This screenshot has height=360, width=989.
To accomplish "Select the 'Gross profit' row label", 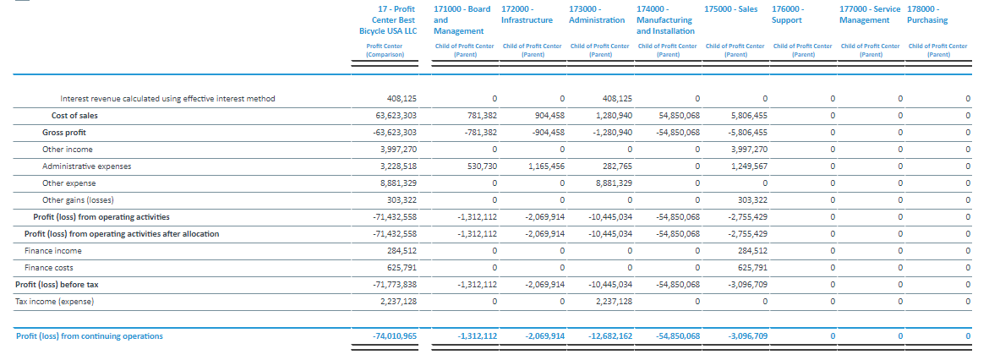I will pos(64,132).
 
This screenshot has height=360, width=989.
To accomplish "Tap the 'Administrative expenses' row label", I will pos(85,166).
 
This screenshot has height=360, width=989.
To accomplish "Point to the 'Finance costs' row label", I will pos(40,268).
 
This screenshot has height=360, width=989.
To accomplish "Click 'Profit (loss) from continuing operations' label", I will pos(90,336).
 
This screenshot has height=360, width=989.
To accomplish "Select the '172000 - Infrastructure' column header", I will pos(527,14).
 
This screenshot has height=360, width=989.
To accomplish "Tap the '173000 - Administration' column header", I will pos(596,14).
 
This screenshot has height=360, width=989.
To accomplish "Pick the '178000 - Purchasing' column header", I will pos(927,14).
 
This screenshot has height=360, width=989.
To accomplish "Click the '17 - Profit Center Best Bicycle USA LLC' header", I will pos(388,19).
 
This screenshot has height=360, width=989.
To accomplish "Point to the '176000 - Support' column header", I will pos(788,14).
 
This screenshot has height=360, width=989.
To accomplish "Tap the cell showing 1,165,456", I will pos(545,166).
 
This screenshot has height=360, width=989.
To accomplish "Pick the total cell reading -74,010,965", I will pos(395,336).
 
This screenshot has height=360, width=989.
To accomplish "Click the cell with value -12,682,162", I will pos(610,336).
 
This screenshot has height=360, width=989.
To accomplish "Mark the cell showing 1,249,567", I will pos(748,166).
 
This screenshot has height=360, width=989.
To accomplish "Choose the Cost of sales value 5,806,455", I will pos(748,115).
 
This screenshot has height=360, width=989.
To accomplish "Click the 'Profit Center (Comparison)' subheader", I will pos(385,50).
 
